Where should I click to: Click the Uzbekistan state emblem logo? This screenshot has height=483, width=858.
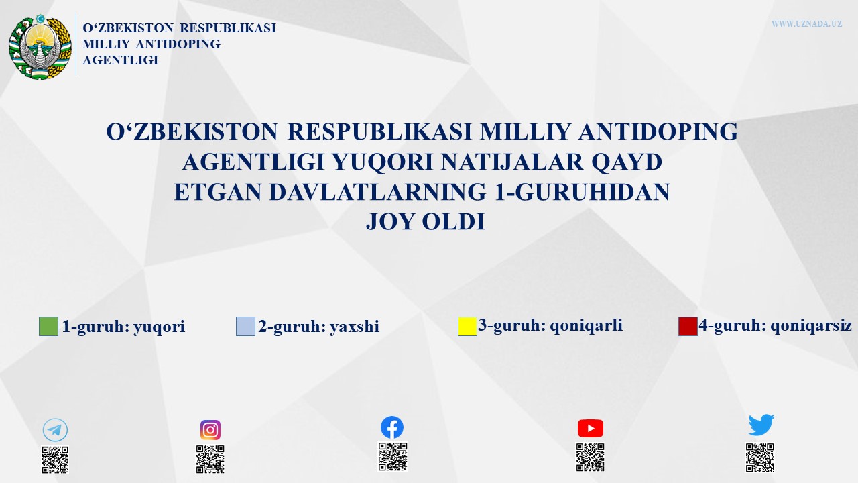click(x=40, y=47)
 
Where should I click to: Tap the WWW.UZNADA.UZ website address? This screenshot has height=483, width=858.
click(x=806, y=23)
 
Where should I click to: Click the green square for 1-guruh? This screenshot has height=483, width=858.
click(x=49, y=326)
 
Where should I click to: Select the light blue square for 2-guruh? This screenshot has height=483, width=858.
click(x=245, y=326)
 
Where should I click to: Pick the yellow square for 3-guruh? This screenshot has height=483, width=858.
click(x=467, y=326)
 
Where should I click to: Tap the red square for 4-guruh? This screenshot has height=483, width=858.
click(x=688, y=326)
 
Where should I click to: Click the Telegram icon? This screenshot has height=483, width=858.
click(x=55, y=430)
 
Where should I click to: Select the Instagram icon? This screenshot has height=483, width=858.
click(x=210, y=430)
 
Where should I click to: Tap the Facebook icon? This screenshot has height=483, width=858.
click(x=392, y=427)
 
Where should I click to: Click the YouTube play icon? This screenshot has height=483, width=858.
click(x=591, y=428)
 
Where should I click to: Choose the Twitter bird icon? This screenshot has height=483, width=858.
click(x=761, y=425)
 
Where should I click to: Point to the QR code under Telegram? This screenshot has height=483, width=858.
click(x=55, y=460)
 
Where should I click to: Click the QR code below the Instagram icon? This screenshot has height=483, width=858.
click(x=210, y=460)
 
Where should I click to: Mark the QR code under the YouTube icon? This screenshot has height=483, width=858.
click(x=591, y=458)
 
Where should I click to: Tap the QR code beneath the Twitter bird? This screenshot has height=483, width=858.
click(x=759, y=458)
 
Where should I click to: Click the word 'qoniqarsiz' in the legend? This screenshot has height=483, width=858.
click(x=811, y=326)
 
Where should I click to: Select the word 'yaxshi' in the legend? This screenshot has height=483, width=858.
click(x=355, y=327)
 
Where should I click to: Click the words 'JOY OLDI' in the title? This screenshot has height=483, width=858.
click(x=426, y=221)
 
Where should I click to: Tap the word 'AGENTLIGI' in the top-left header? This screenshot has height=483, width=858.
click(x=120, y=60)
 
